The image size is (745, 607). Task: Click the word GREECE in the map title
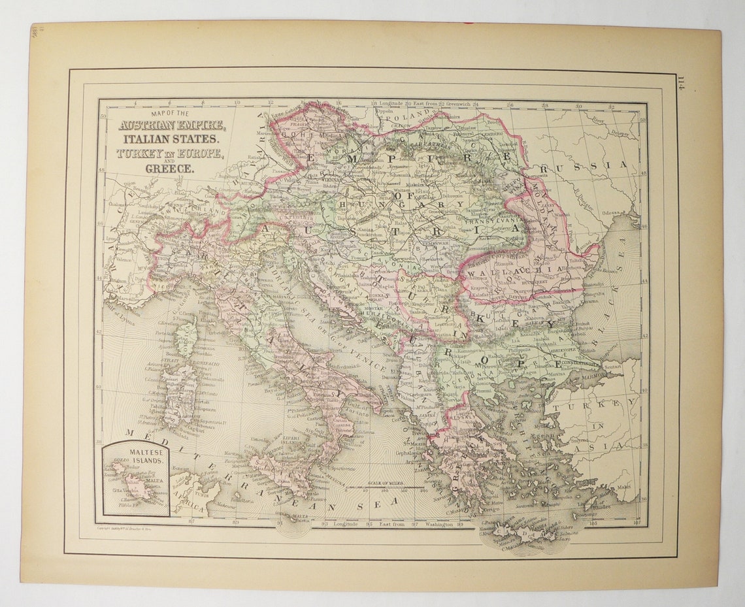coord(169,169)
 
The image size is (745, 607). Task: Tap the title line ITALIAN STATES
coord(169,139)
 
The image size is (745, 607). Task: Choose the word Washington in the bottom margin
coord(435,524)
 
